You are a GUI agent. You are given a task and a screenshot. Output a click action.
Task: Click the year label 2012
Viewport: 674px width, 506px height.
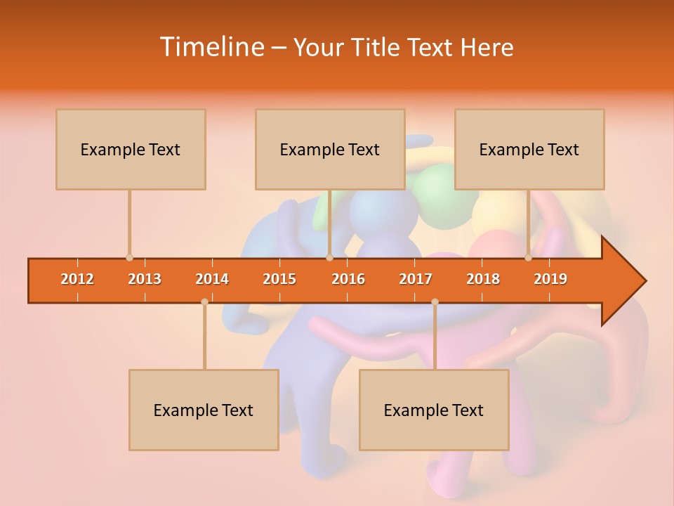pos(77,279)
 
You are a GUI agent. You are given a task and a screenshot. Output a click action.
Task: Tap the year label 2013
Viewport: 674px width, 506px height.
pos(145,279)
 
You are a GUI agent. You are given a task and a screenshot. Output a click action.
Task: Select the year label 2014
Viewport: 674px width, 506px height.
pos(212,279)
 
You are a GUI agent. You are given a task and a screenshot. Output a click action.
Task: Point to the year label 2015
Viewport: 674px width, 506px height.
pos(279,279)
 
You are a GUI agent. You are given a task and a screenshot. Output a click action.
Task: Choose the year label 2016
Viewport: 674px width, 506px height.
pos(348,279)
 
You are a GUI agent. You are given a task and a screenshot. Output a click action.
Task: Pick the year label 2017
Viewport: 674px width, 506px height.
pos(416,279)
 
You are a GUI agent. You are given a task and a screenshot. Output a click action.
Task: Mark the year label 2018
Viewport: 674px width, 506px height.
pos(483,279)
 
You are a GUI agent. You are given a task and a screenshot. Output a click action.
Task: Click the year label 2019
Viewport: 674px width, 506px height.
pos(550,279)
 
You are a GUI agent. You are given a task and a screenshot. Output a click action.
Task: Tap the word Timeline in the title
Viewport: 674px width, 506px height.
pos(211,47)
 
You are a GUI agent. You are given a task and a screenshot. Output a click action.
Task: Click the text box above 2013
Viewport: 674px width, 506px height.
pos(131,149)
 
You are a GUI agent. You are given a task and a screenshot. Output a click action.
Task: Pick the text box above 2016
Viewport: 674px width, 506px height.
pos(330,149)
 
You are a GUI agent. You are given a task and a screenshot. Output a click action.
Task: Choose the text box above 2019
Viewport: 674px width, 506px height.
pos(529,149)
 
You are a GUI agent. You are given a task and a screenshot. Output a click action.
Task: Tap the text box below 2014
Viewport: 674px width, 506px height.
pos(204,410)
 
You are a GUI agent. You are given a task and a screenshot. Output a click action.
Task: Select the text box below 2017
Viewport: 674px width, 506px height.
pos(434,410)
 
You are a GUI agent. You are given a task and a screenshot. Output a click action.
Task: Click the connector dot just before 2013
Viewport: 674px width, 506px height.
pos(129,258)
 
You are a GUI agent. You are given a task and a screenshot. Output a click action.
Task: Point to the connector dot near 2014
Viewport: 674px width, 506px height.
pos(204,301)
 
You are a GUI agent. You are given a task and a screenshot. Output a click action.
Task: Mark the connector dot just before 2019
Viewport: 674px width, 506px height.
pos(528,258)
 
